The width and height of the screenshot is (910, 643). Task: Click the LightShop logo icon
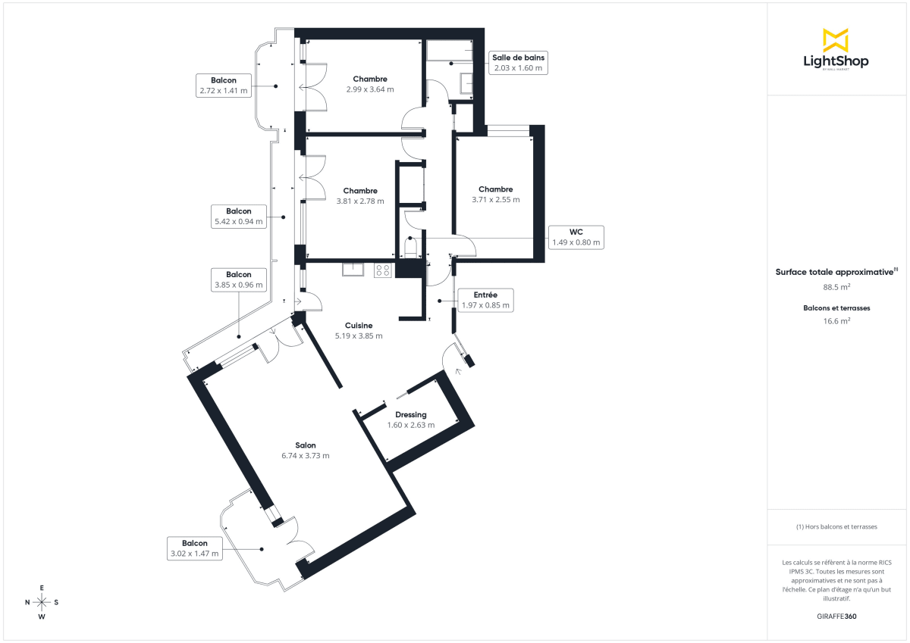coord(836,40)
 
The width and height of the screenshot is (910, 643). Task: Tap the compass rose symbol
coord(42,602)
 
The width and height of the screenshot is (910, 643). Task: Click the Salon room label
coord(306,451)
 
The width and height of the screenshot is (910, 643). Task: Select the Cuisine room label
coord(359,331)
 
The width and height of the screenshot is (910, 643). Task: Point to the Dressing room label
coord(411,420)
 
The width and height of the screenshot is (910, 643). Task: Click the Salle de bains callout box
coord(518,62)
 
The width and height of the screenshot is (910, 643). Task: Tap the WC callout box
coord(576,237)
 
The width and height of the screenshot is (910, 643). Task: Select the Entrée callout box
coord(485,300)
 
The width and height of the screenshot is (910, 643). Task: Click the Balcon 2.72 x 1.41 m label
coord(224,85)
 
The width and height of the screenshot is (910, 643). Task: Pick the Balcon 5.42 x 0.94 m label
coord(238,217)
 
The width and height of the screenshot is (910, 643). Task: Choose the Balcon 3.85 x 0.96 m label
coord(238,280)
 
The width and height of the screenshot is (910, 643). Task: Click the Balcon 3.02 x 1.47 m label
coord(194,548)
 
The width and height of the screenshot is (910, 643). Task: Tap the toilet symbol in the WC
coord(410,248)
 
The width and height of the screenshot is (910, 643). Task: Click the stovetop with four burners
coord(383,270)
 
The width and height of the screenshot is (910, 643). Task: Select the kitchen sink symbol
coord(353,269)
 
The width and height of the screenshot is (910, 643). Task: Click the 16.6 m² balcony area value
coord(837,321)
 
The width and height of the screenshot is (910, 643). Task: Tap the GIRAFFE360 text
coord(837,616)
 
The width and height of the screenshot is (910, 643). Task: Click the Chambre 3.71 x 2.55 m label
coord(495,195)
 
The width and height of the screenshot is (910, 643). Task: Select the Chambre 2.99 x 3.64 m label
coord(370,84)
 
